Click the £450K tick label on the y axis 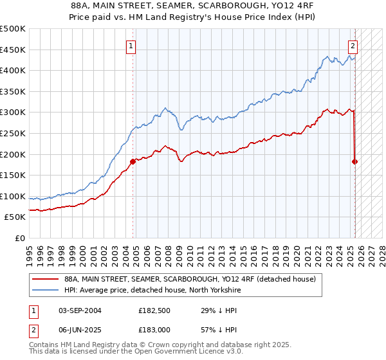click(13, 50)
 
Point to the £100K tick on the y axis click(13, 197)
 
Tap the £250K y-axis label click(13, 134)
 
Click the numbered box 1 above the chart click(131, 46)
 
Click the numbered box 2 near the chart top click(353, 46)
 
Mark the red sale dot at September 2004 click(133, 161)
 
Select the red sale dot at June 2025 click(355, 161)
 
